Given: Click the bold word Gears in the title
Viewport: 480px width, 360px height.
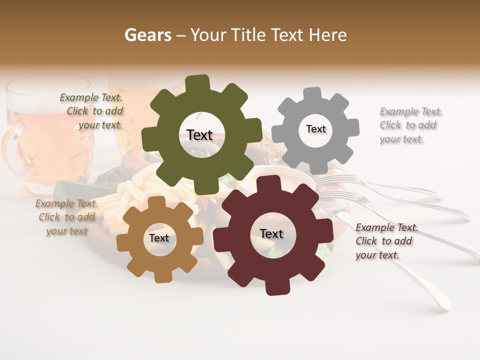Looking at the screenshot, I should tap(147, 35).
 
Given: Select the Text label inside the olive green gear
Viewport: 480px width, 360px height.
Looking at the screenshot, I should tap(199, 135).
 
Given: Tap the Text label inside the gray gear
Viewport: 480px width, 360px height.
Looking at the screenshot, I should tap(315, 129).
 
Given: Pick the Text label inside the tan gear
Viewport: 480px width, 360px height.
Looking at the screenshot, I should tap(159, 238).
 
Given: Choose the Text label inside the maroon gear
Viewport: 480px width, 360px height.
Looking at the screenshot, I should tap(271, 233).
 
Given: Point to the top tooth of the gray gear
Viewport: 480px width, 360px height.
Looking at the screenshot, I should tap(312, 94).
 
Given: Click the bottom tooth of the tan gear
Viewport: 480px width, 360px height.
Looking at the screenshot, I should tap(161, 276).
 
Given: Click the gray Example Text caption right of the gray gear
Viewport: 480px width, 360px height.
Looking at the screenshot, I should tap(410, 125).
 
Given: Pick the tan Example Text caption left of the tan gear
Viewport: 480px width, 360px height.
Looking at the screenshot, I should tap(66, 217).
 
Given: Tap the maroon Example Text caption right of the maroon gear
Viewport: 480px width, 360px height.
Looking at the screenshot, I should tap(386, 241).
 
